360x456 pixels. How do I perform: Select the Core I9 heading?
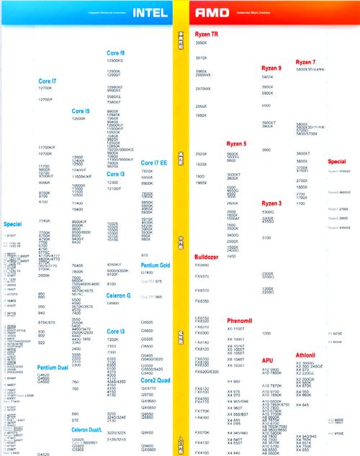coord(116,53)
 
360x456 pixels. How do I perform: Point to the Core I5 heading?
coord(81,111)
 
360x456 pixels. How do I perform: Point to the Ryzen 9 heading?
coord(271,68)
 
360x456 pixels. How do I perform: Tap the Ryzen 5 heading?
coord(236,144)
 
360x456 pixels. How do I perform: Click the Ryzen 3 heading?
coord(271,203)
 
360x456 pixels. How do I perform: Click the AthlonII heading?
coord(306,355)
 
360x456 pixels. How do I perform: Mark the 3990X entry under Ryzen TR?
coord(202,43)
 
